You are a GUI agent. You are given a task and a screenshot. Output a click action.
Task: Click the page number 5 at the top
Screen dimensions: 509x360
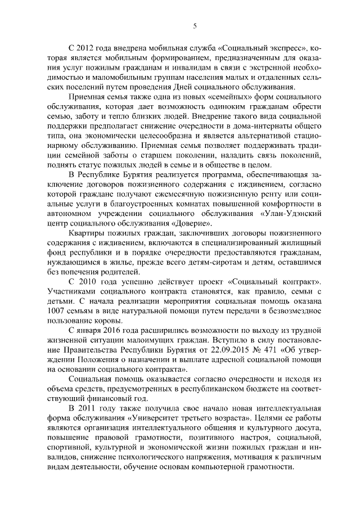click(194, 26)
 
